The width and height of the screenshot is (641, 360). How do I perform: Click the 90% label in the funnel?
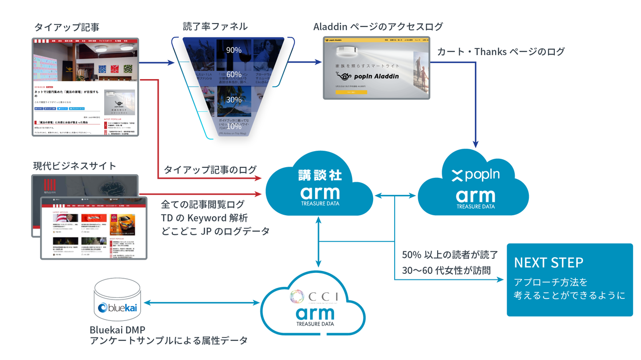pos(234,50)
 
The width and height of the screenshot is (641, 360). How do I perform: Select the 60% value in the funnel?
pos(234,75)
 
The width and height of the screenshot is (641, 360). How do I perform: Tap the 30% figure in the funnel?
pos(234,100)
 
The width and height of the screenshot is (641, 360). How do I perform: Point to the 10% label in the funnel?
pos(234,127)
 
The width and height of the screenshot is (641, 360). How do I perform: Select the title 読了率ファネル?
pos(215,27)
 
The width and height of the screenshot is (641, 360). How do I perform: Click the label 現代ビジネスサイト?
pos(75,166)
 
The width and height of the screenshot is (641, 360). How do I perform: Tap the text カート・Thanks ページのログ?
pos(501,52)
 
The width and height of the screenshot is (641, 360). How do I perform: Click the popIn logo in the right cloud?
pos(475,175)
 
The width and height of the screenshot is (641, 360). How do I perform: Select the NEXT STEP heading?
pos(548,263)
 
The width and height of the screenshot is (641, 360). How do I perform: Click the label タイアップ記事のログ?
pos(210,169)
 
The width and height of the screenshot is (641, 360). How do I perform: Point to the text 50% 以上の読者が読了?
pos(450,254)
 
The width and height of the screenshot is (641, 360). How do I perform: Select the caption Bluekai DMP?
pos(118,330)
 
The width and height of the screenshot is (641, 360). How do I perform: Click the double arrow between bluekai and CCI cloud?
pos(202,303)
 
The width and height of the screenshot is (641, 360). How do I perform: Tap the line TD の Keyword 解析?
pos(204,218)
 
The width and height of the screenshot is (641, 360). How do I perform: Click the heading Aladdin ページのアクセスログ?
pos(378,27)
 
